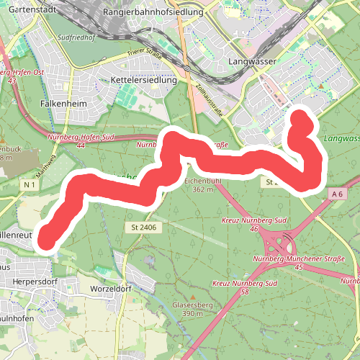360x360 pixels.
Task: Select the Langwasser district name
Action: (252, 62)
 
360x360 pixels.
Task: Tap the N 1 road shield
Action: (29, 185)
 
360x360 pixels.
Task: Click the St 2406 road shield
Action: (144, 228)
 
